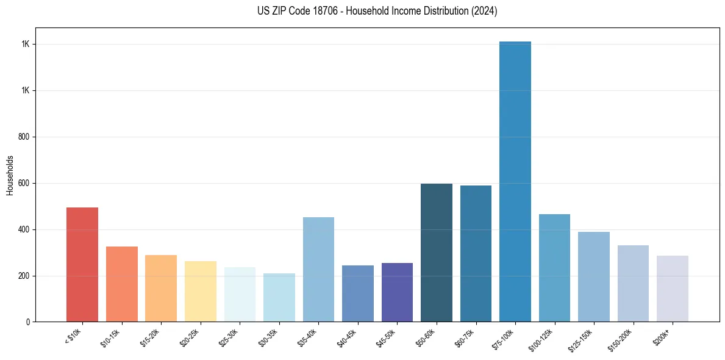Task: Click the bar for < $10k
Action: [x=82, y=265]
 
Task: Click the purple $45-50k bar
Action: [x=397, y=292]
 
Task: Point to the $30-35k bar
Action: [x=279, y=297]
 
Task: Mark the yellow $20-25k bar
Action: [x=201, y=291]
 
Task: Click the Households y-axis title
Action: [x=10, y=175]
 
